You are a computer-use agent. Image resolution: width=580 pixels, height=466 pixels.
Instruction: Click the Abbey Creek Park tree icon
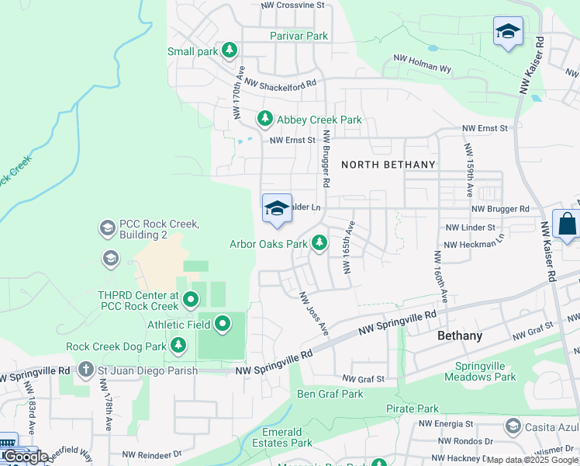point(265,119)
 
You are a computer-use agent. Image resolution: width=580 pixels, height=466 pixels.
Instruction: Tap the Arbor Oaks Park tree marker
point(319,243)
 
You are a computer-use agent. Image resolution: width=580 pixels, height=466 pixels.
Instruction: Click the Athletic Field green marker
point(223,323)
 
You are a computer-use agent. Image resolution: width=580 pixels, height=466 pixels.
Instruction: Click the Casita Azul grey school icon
point(513,426)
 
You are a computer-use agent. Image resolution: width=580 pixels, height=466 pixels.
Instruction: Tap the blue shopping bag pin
point(567,224)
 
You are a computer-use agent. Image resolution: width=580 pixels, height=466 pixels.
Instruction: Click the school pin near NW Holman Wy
point(508,31)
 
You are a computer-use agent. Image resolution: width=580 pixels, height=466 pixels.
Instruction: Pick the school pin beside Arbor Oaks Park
point(277,208)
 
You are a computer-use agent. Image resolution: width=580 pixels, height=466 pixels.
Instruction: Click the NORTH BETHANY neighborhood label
point(388,165)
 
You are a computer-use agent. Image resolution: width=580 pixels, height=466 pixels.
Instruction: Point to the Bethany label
point(460,336)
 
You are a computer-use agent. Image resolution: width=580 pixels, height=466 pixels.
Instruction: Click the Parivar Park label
point(299,36)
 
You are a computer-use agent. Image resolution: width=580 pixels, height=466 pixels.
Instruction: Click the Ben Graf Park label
point(330,394)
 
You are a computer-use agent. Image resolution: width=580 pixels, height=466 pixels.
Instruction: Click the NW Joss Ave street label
point(314,314)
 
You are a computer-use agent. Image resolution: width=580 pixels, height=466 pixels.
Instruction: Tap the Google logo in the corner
point(25,456)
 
